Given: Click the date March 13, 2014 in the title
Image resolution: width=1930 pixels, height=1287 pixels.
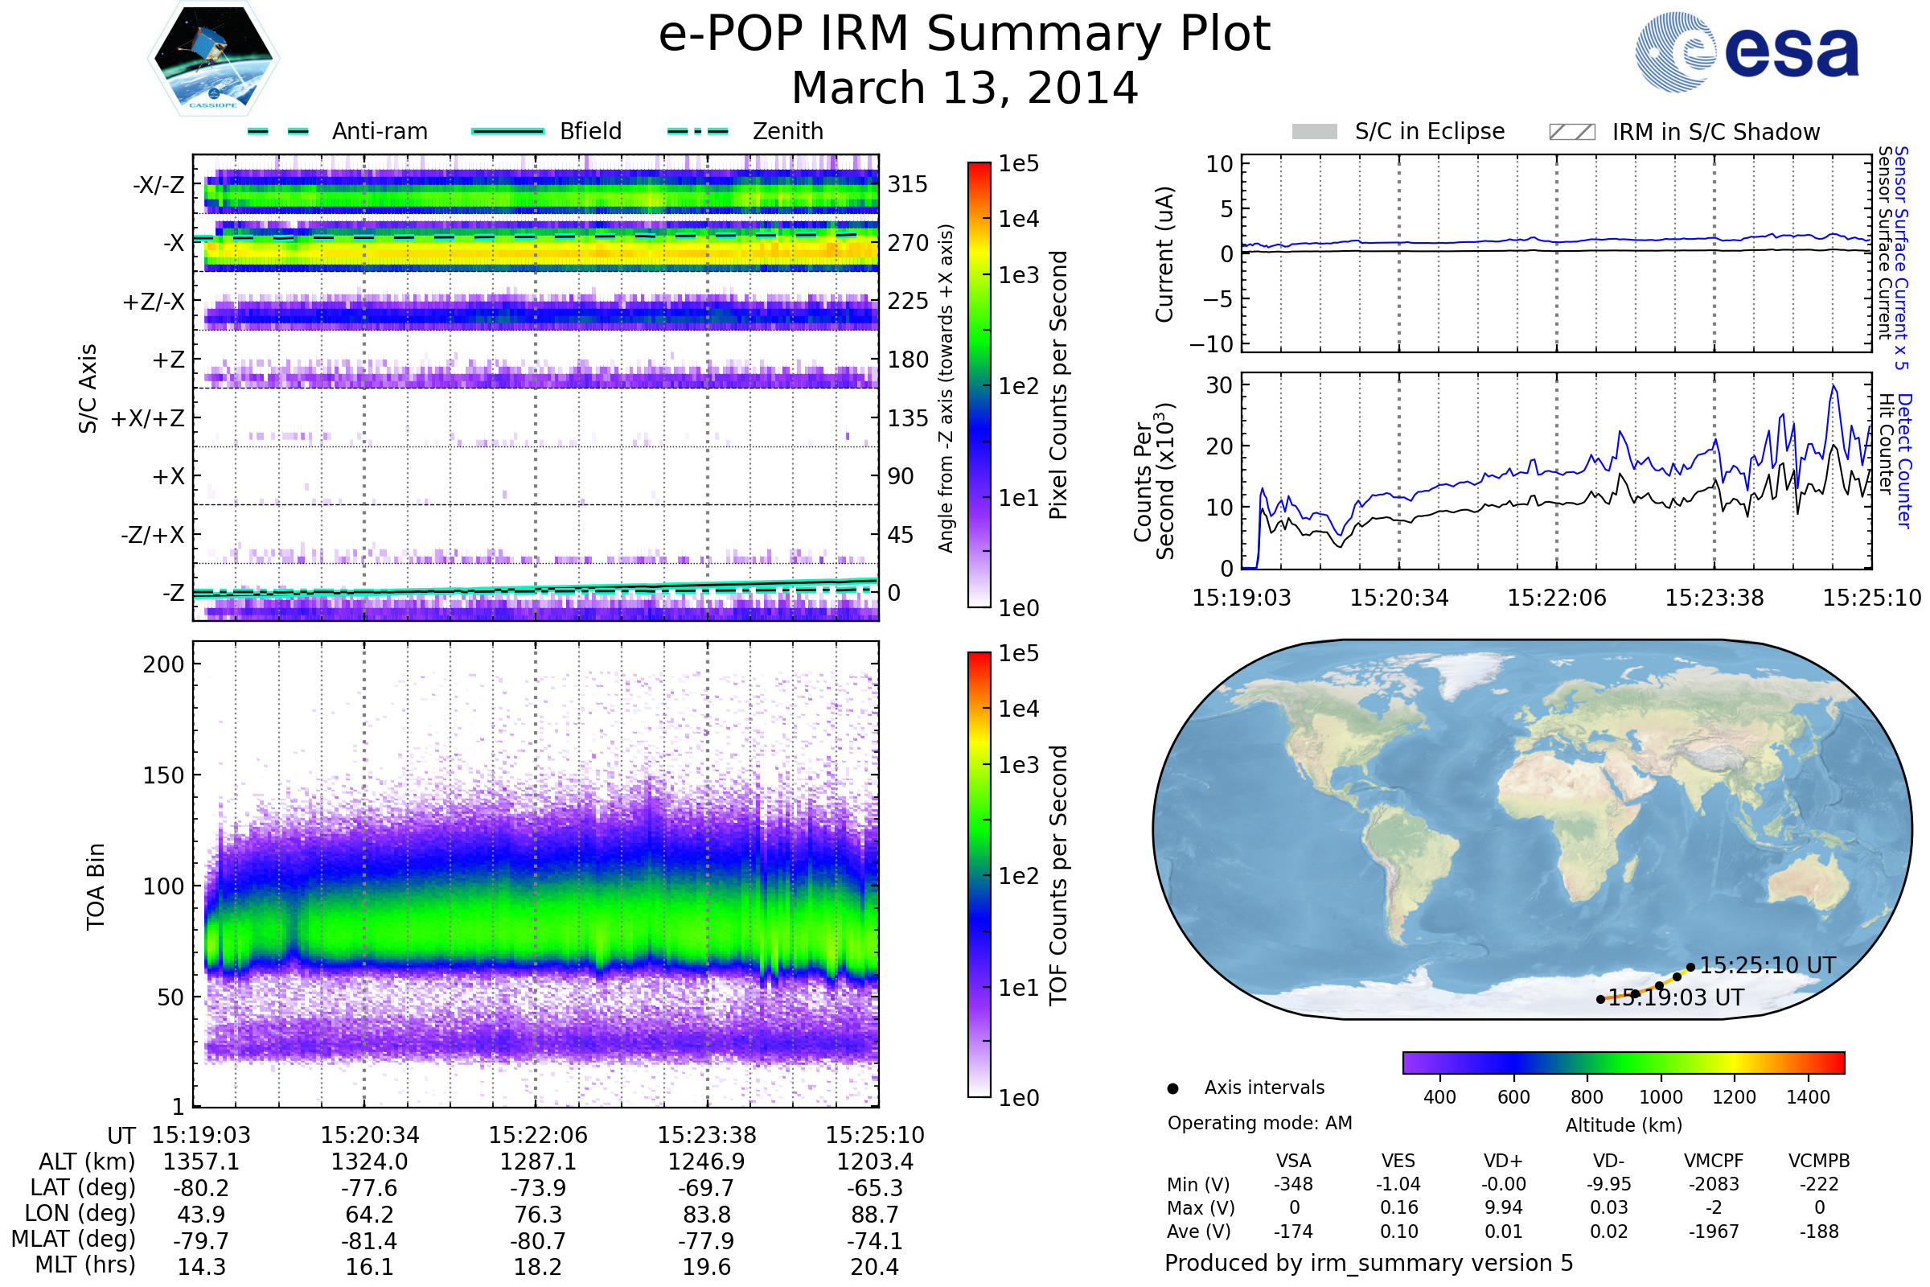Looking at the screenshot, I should pos(964,88).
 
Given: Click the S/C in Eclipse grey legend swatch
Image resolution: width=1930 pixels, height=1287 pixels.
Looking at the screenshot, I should pos(1314,132).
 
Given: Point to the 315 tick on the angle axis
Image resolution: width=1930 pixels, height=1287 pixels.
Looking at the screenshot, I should pos(907,184).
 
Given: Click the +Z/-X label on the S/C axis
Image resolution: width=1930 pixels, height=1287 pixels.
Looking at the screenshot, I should pos(154,302).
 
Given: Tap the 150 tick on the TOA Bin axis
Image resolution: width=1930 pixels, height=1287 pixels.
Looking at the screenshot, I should pos(163,775).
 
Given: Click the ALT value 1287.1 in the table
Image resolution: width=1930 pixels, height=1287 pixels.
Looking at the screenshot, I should pos(537,1162).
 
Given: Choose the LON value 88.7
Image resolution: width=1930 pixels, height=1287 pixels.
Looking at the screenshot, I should pos(875,1215).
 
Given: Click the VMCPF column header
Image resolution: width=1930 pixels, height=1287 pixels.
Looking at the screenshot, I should pos(1714,1162).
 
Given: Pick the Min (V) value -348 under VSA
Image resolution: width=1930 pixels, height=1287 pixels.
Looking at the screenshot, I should pos(1293,1184).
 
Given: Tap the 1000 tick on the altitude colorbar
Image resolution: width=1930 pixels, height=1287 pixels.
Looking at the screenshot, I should pos(1661,1097).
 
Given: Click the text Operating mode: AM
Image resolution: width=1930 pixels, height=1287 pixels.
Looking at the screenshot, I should pos(1259,1123).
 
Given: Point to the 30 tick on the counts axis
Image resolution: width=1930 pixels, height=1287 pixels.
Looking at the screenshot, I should pos(1219,385).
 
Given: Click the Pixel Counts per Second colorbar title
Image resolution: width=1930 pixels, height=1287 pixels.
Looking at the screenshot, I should pos(1058,385).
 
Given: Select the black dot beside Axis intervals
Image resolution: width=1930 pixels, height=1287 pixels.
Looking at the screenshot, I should pos(1172,1089).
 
